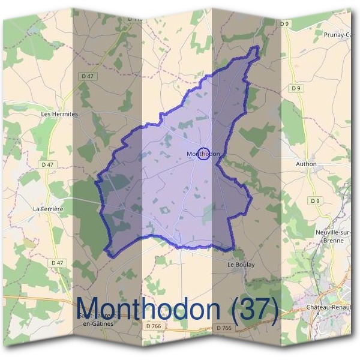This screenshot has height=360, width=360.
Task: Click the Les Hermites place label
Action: point(59,113)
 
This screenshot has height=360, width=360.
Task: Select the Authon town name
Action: point(306,164)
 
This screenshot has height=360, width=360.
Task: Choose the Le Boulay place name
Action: point(241,265)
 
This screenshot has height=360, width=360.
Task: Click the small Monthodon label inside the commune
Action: point(203,154)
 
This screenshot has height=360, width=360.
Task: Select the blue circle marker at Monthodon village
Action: point(203,154)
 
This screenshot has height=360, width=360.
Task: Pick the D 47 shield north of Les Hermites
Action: point(88,76)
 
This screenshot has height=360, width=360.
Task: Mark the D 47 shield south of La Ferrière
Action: point(57,263)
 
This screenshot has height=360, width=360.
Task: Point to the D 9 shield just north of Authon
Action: point(295,88)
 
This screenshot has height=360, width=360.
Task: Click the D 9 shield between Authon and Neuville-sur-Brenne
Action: point(315,200)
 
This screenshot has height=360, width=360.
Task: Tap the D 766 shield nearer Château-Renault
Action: point(223,328)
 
